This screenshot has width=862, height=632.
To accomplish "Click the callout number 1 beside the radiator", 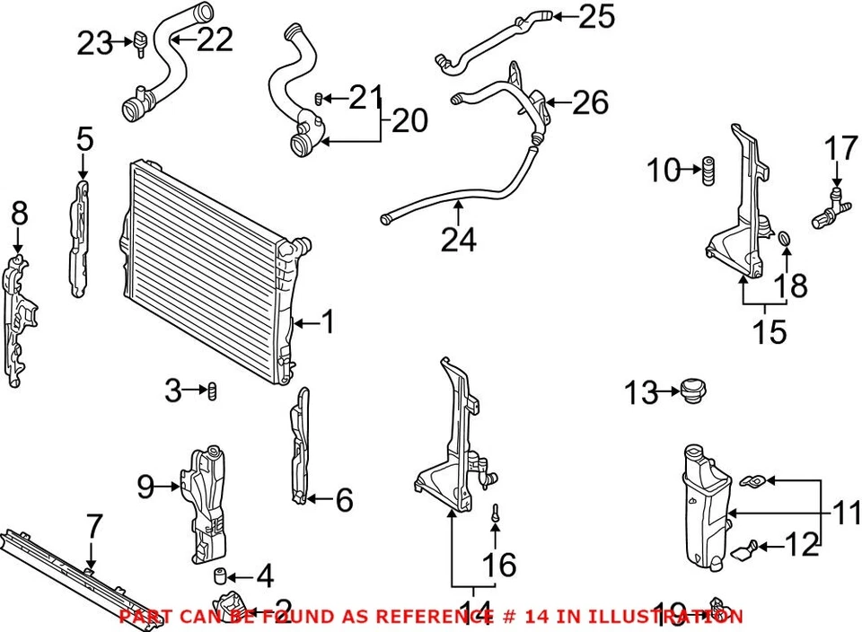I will pyautogui.click(x=328, y=321).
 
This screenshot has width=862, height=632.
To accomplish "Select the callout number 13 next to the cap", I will pyautogui.click(x=641, y=392).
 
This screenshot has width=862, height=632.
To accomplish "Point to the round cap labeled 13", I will pyautogui.click(x=692, y=392).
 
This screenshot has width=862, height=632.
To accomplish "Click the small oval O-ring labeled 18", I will pyautogui.click(x=784, y=240).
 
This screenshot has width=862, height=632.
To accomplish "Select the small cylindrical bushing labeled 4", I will pyautogui.click(x=217, y=575).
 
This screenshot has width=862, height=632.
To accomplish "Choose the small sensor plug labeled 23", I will pyautogui.click(x=141, y=41).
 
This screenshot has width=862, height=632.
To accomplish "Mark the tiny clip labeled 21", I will pyautogui.click(x=319, y=97).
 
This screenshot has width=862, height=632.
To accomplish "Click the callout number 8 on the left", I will pyautogui.click(x=19, y=215).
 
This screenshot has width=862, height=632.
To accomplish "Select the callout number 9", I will pyautogui.click(x=145, y=487).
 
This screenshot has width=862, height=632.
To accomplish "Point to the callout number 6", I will pyautogui.click(x=344, y=500).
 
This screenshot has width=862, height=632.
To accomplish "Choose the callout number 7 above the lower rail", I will pyautogui.click(x=93, y=528).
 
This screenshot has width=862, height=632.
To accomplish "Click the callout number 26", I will pyautogui.click(x=590, y=102).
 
